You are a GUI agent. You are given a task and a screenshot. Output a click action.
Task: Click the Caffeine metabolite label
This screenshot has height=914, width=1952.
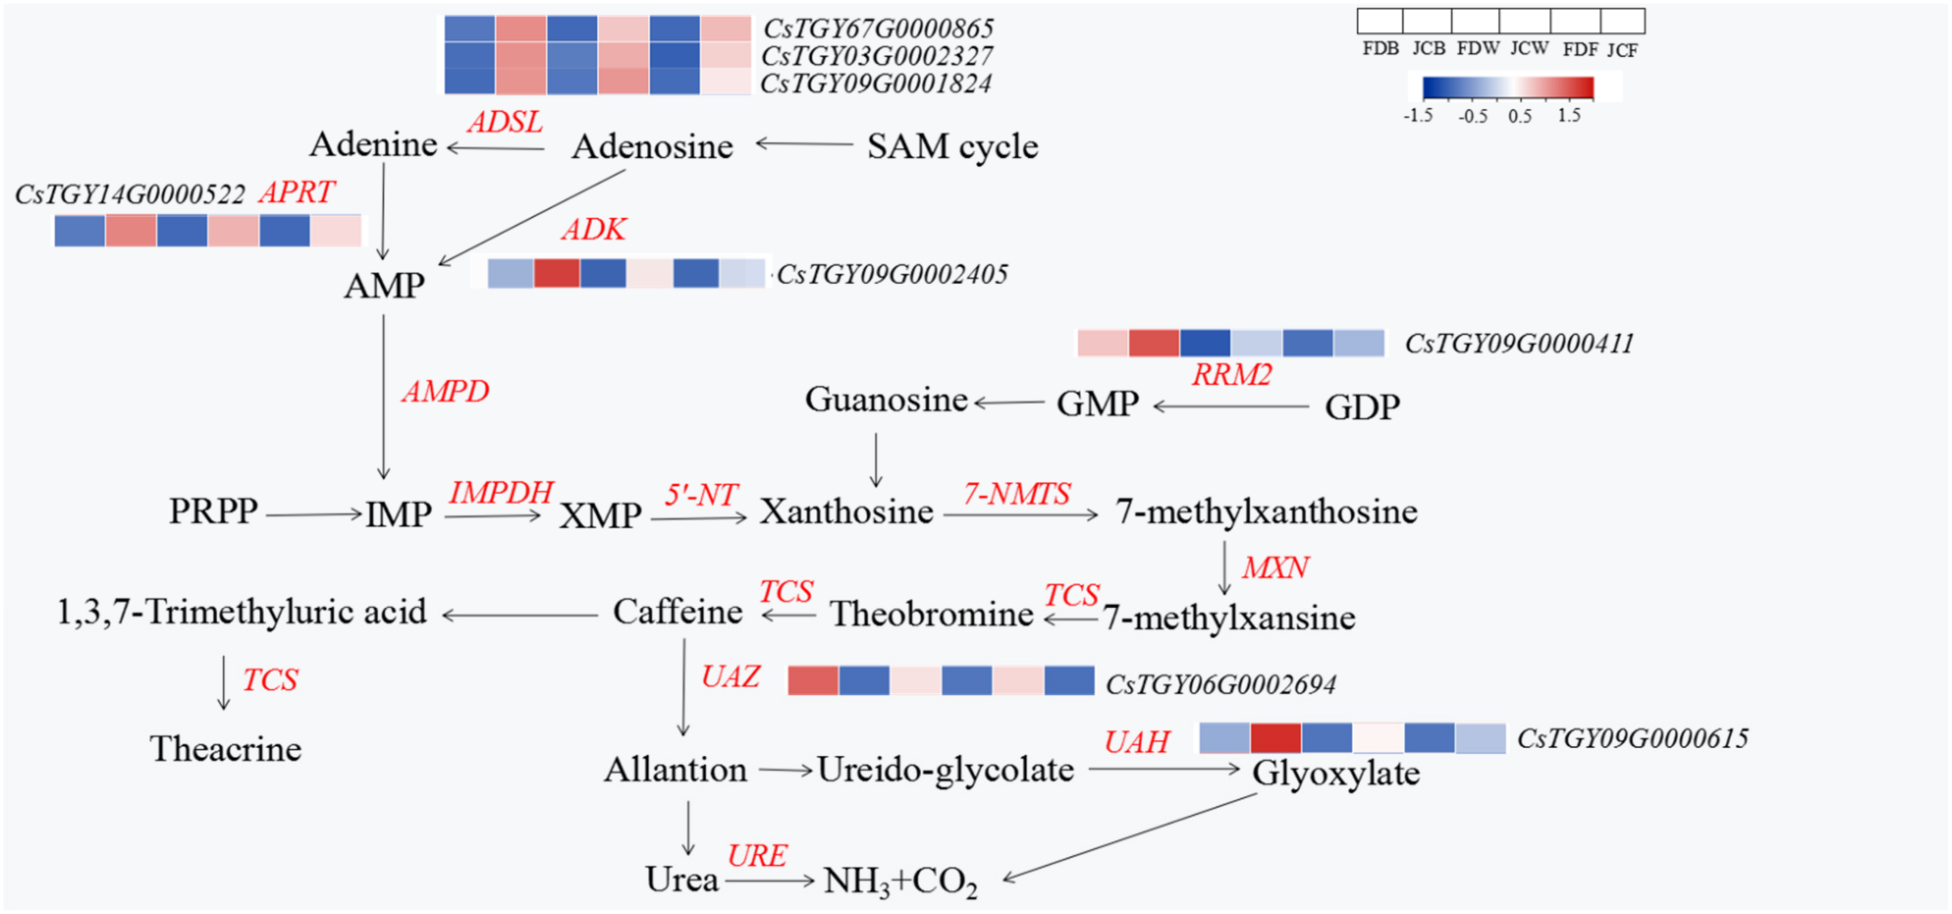pyautogui.click(x=678, y=611)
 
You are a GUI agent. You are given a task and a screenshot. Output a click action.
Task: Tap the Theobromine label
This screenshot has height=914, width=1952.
pyautogui.click(x=931, y=614)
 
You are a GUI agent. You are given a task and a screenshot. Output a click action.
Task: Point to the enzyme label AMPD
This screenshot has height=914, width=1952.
pyautogui.click(x=446, y=392)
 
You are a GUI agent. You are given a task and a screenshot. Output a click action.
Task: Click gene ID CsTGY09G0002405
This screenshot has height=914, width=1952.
pyautogui.click(x=892, y=274)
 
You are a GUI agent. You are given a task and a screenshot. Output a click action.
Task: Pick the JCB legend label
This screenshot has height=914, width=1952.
pyautogui.click(x=1429, y=49)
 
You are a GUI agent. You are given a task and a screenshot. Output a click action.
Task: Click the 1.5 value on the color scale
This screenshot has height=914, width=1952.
pyautogui.click(x=1568, y=116)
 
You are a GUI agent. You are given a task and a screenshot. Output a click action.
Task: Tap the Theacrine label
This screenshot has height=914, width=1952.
pyautogui.click(x=226, y=749)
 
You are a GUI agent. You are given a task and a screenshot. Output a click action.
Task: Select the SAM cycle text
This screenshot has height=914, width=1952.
pyautogui.click(x=953, y=146)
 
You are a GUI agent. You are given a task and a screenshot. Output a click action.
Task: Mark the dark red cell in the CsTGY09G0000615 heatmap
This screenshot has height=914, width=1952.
pyautogui.click(x=1275, y=738)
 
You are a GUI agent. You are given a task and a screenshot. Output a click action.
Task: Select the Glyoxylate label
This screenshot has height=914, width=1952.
pyautogui.click(x=1335, y=773)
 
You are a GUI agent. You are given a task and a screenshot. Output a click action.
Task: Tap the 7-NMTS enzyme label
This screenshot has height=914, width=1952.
pyautogui.click(x=1016, y=494)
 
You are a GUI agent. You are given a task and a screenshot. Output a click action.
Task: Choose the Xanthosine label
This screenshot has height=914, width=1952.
pyautogui.click(x=847, y=512)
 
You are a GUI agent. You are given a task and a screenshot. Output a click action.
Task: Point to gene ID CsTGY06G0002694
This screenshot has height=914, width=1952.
pyautogui.click(x=1221, y=684)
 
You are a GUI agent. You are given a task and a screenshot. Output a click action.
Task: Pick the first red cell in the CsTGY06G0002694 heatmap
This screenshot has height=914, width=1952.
pyautogui.click(x=813, y=681)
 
